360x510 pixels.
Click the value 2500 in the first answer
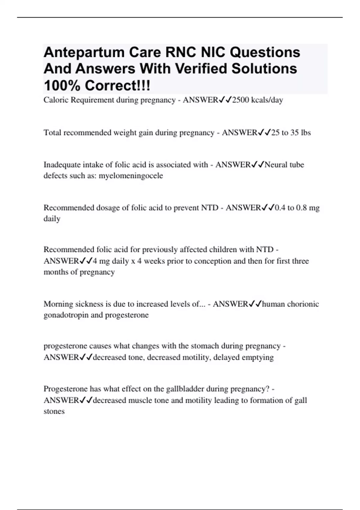pyautogui.click(x=241, y=100)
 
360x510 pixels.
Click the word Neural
pyautogui.click(x=276, y=165)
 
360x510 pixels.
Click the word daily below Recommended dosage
pyautogui.click(x=52, y=219)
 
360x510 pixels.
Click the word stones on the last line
pyautogui.click(x=54, y=411)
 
